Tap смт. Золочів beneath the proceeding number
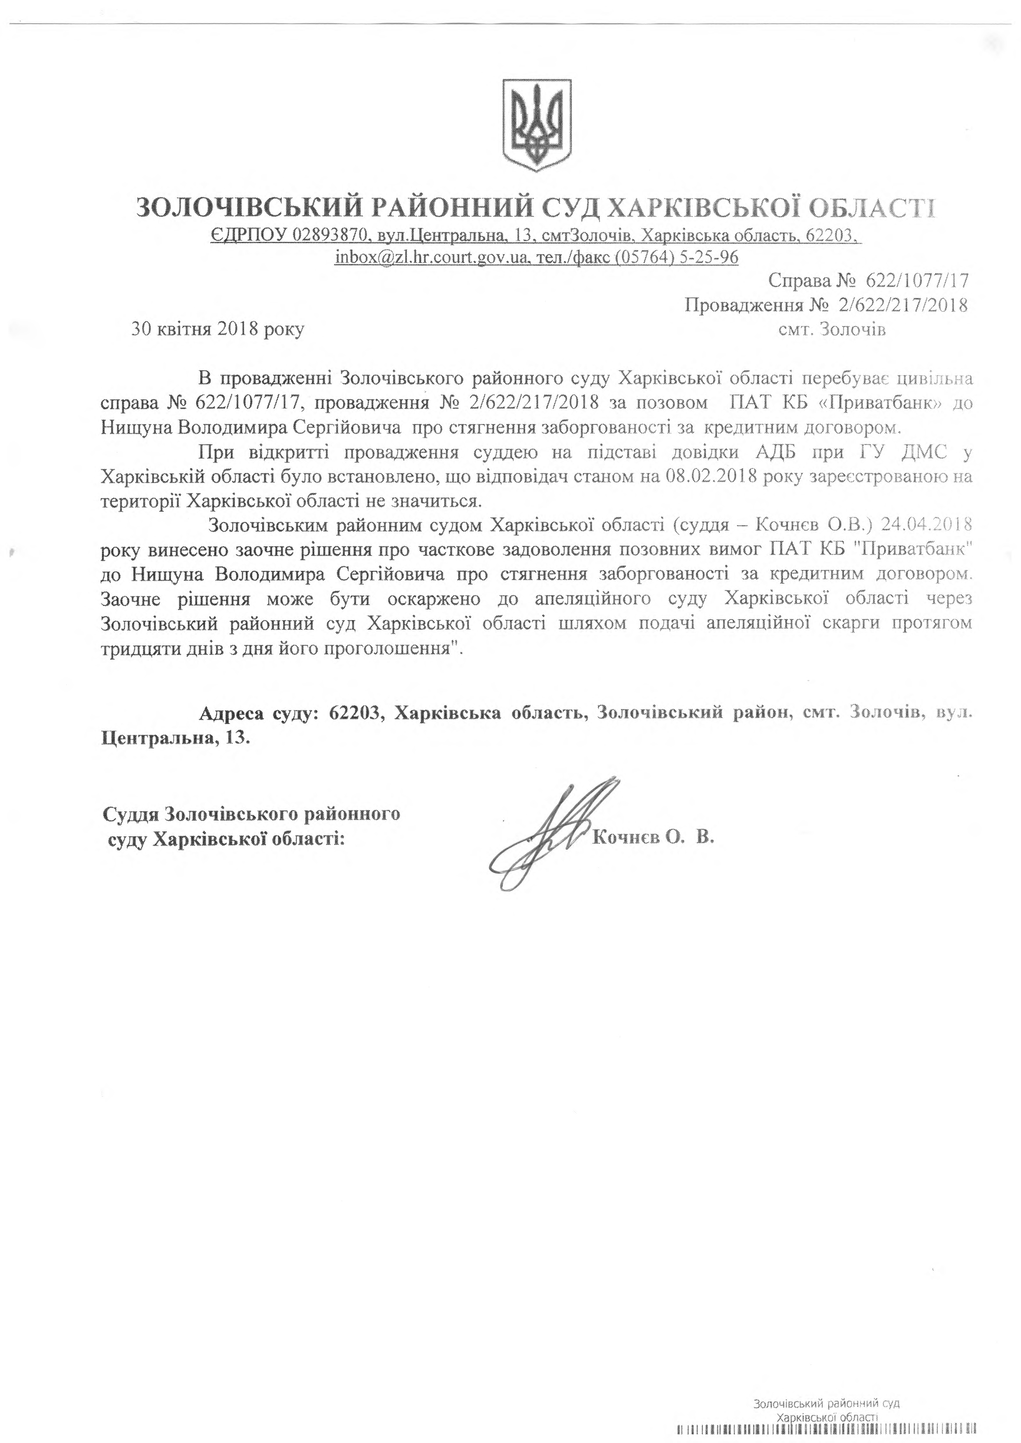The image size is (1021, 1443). click(x=832, y=329)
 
